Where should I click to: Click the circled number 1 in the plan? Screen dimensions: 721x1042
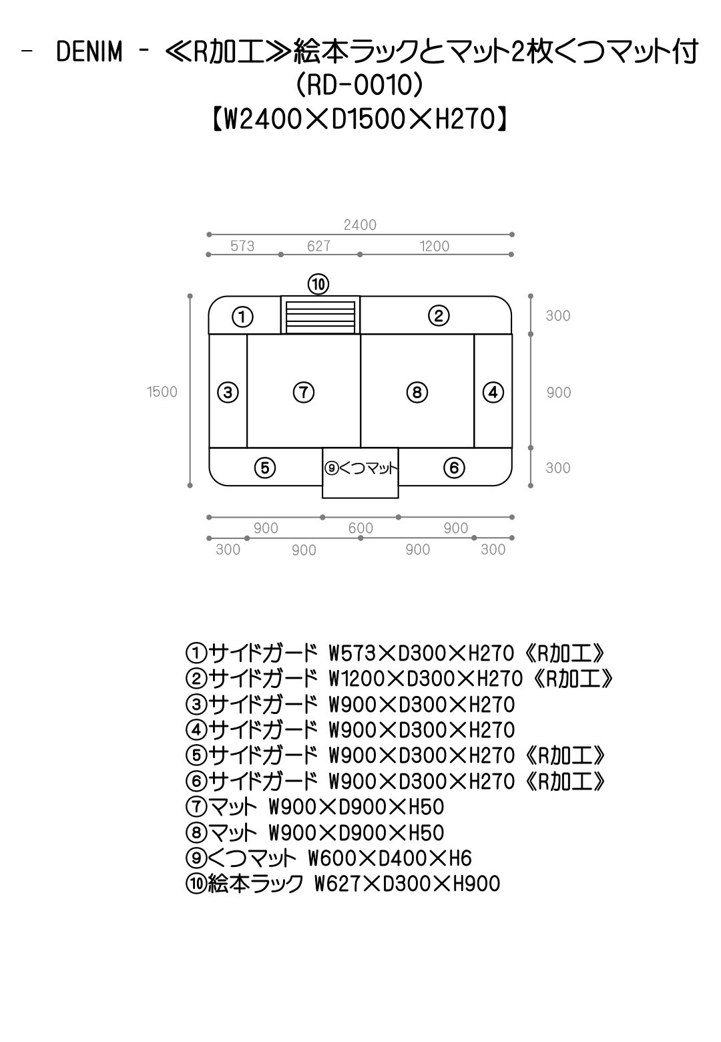pyautogui.click(x=242, y=317)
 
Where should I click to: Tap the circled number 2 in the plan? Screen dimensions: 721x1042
pyautogui.click(x=439, y=316)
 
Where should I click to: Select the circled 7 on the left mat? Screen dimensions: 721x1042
pyautogui.click(x=304, y=392)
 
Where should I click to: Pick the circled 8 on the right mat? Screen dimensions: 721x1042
pyautogui.click(x=417, y=392)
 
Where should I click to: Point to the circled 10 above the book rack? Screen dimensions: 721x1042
pyautogui.click(x=318, y=284)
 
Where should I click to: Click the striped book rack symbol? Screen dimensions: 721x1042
pyautogui.click(x=320, y=317)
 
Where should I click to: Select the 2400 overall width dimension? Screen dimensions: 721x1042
pyautogui.click(x=360, y=225)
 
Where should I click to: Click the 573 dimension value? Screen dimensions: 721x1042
pyautogui.click(x=242, y=246)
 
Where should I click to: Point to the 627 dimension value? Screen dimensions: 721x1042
pyautogui.click(x=318, y=246)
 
